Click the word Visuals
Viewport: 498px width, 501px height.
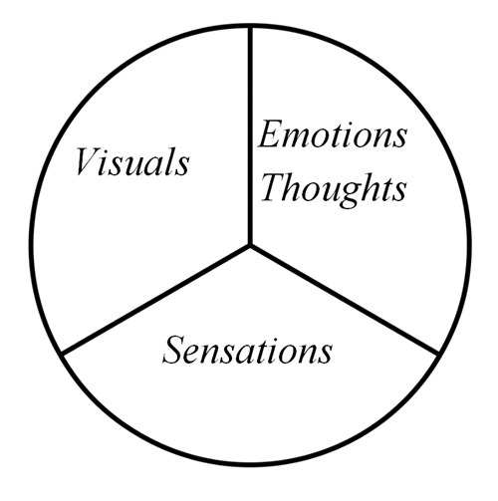coord(132,161)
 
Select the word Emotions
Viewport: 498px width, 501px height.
coord(333,134)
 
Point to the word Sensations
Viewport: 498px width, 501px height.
coord(247,350)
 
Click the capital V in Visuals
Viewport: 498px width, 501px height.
coord(88,161)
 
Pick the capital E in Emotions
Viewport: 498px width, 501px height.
coord(273,134)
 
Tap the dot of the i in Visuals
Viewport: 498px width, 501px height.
coord(108,151)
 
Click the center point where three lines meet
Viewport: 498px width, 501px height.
coord(250,245)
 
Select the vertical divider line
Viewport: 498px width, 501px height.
coord(250,135)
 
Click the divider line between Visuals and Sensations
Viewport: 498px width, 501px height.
coord(155,299)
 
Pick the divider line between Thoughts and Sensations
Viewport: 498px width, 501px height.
coord(345,300)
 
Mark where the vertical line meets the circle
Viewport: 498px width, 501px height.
coord(250,27)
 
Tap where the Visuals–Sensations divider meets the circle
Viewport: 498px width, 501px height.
coord(62,354)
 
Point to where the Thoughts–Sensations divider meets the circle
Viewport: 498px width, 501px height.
coord(438,354)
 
